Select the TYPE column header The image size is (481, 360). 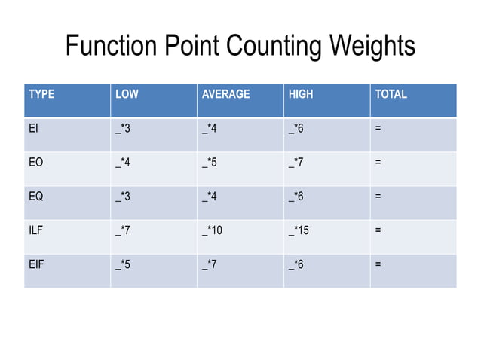pyautogui.click(x=41, y=95)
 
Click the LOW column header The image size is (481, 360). pyautogui.click(x=126, y=95)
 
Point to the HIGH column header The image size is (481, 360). pyautogui.click(x=300, y=95)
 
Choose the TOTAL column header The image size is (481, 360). pyautogui.click(x=391, y=95)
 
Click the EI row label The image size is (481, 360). pyautogui.click(x=33, y=129)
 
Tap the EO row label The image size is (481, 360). pyautogui.click(x=35, y=163)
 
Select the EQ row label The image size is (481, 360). pyautogui.click(x=35, y=197)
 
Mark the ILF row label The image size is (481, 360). pyautogui.click(x=35, y=230)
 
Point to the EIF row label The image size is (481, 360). pyautogui.click(x=35, y=264)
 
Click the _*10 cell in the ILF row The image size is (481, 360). pyautogui.click(x=212, y=230)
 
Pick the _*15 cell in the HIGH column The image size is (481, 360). pyautogui.click(x=299, y=230)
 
